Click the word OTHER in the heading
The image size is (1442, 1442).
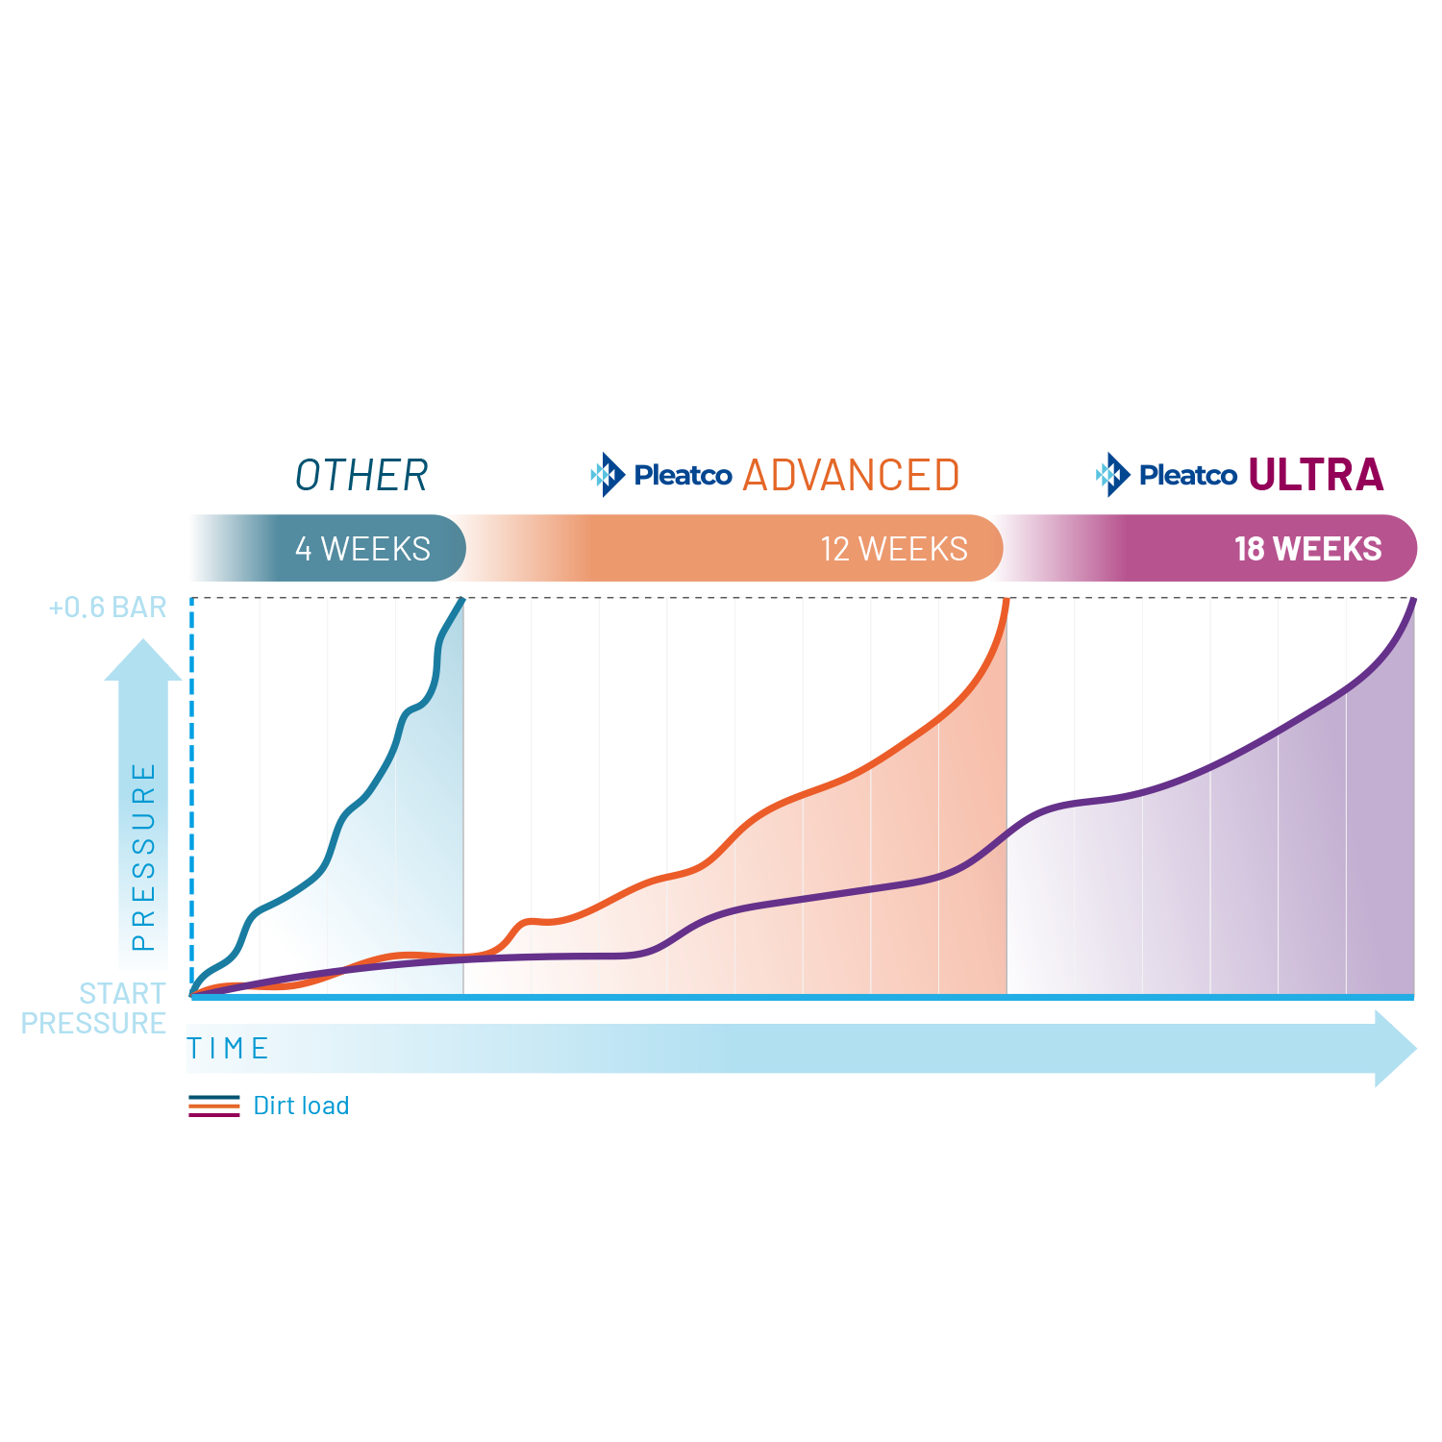coord(361,475)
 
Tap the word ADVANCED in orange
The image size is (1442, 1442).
coord(851,475)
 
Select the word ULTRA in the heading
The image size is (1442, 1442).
coord(1315,474)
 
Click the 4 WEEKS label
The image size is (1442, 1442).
coord(362,549)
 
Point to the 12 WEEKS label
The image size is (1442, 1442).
coord(894,549)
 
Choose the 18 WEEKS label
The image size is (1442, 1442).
coord(1307,549)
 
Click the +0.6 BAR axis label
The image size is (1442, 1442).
coord(108,608)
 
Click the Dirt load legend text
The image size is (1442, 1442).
coord(301,1106)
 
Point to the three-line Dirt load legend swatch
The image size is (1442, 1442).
coord(214,1106)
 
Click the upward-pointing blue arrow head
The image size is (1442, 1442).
coord(143,660)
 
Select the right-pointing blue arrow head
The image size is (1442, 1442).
coord(1395,1048)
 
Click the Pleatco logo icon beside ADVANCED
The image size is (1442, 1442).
coord(607,474)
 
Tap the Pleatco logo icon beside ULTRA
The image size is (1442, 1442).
coord(1112,474)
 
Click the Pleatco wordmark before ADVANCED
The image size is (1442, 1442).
coord(683,475)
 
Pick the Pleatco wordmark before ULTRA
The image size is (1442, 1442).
coord(1187,475)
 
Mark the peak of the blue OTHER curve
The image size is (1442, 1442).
coord(462,600)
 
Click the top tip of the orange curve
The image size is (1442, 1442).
coord(1007,601)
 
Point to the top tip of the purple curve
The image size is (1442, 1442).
coord(1413,601)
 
